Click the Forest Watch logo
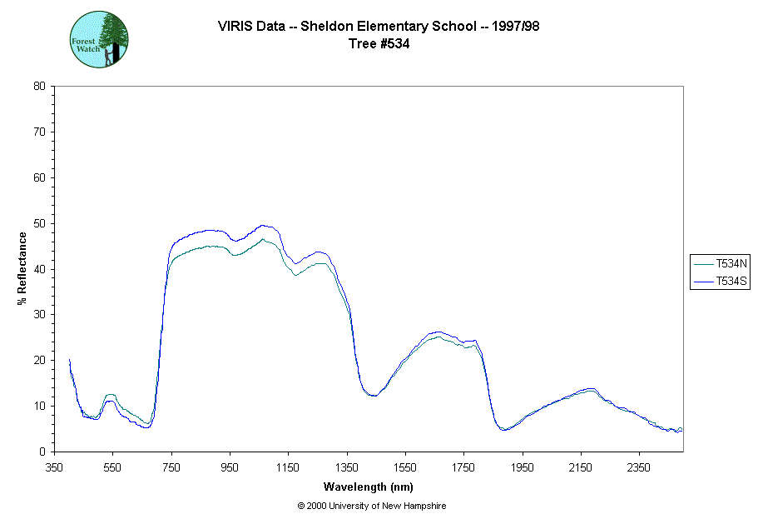click(x=99, y=39)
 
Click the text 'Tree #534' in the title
click(x=379, y=44)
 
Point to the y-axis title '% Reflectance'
click(x=22, y=268)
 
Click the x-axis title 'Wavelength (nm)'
click(x=369, y=487)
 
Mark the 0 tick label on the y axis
click(x=42, y=452)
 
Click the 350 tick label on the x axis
click(x=54, y=467)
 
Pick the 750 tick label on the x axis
click(x=171, y=467)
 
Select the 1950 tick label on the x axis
click(x=523, y=467)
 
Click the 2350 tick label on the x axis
click(x=639, y=467)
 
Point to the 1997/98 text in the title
click(x=515, y=26)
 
